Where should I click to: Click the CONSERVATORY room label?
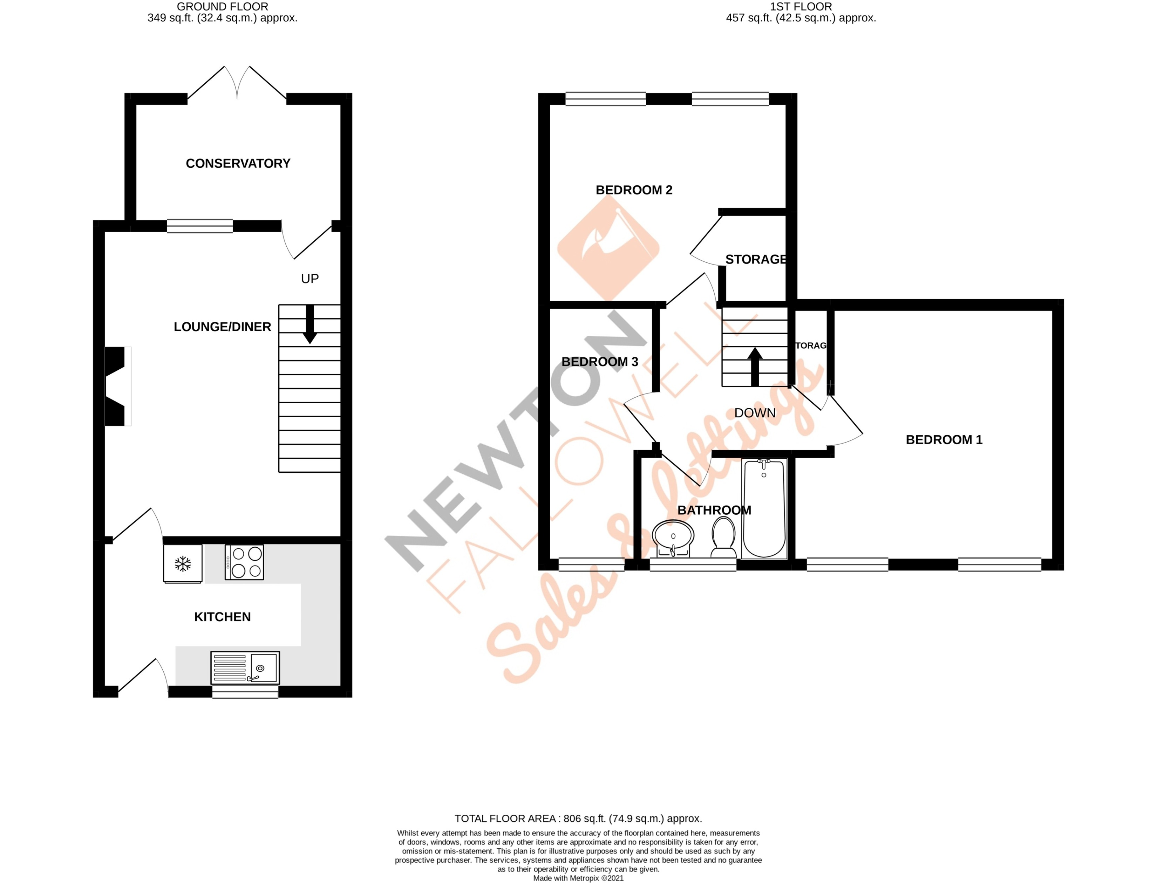click(x=238, y=163)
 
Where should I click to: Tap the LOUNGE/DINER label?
click(x=222, y=327)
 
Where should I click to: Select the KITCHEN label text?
click(x=222, y=617)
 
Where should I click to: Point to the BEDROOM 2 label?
click(x=633, y=190)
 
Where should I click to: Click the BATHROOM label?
click(x=714, y=510)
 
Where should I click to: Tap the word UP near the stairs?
click(x=309, y=279)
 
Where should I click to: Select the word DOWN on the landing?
click(x=754, y=413)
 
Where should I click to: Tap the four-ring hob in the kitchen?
click(x=244, y=562)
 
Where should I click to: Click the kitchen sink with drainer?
click(x=245, y=668)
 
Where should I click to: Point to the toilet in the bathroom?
click(x=723, y=537)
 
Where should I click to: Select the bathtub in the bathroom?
click(x=764, y=508)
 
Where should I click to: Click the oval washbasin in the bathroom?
click(x=673, y=538)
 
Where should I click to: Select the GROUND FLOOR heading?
click(x=222, y=7)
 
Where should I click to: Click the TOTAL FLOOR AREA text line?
click(x=578, y=819)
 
